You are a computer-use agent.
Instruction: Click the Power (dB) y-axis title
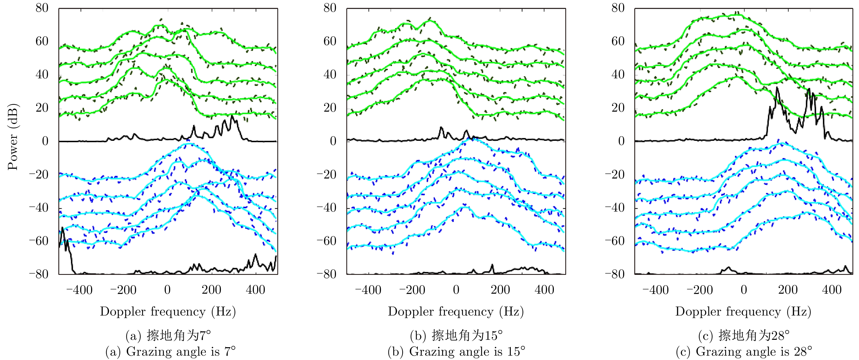(x=13, y=138)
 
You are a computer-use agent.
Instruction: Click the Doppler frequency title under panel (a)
(x=168, y=311)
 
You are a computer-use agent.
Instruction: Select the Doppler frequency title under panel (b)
(x=455, y=311)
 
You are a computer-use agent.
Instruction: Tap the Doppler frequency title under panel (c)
(x=743, y=311)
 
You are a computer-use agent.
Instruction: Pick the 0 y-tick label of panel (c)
(x=621, y=141)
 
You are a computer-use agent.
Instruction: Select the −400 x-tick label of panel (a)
(x=79, y=290)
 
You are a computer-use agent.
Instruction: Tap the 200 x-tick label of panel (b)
(x=500, y=290)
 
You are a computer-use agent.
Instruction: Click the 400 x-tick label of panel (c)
(x=832, y=290)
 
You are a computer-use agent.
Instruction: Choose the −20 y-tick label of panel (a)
(x=39, y=174)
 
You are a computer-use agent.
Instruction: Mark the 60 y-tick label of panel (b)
(x=330, y=41)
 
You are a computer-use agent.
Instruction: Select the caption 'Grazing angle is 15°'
(x=456, y=351)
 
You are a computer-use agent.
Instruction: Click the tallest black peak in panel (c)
(x=777, y=88)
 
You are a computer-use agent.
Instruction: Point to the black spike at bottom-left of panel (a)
(x=63, y=230)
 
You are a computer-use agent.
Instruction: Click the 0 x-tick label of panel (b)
(x=456, y=290)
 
